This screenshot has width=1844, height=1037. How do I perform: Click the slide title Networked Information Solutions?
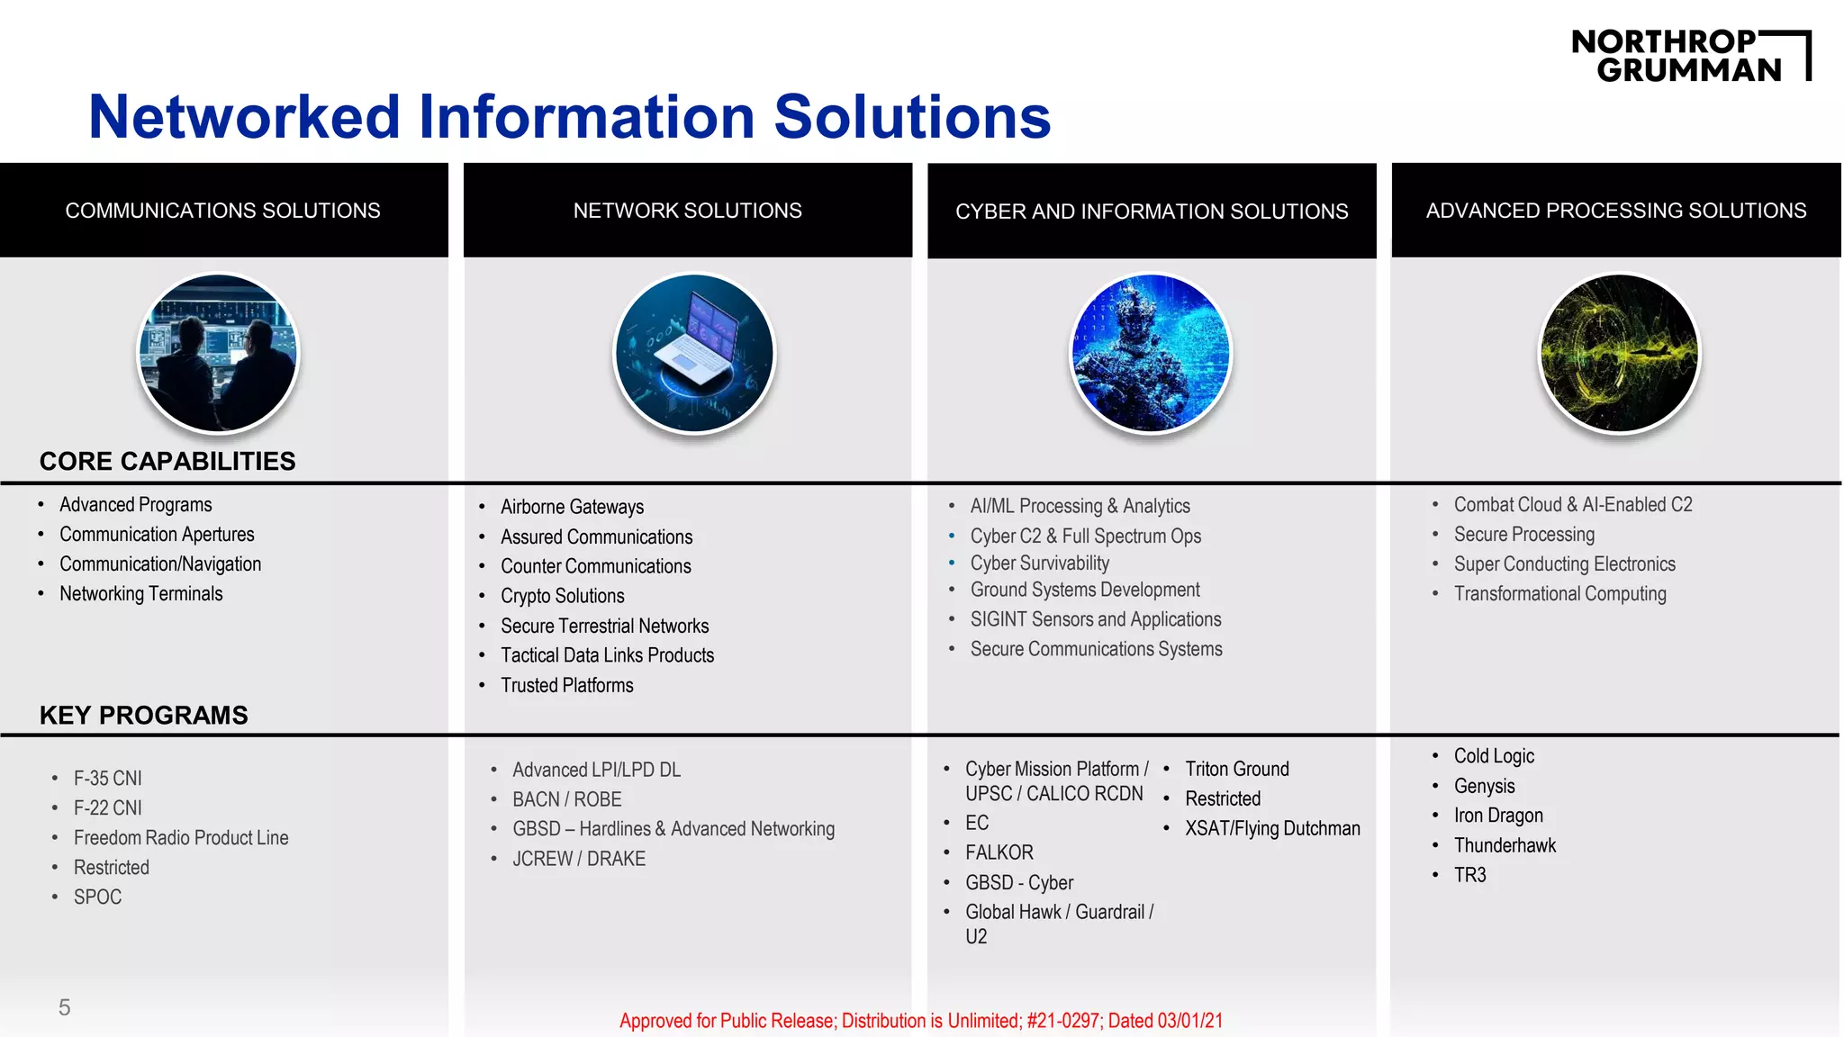569,117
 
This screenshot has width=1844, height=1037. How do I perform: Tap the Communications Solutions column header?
223,211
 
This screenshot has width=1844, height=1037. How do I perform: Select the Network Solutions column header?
687,211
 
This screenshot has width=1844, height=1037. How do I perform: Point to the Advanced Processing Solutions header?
1616,211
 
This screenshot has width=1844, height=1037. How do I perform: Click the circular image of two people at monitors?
218,353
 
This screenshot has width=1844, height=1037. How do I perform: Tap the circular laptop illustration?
694,353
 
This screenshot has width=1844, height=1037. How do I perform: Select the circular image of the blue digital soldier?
1151,353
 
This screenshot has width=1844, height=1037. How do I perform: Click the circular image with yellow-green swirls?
1619,353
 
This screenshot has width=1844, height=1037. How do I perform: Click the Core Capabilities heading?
167,461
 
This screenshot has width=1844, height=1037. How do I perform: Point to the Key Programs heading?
144,715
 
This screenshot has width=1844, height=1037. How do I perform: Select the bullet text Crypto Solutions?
562,596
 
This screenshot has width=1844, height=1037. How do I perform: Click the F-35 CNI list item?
108,778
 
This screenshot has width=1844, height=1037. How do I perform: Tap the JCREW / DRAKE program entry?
579,859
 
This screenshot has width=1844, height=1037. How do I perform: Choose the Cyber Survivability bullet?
1039,564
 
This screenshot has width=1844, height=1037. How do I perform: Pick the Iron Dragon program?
1498,816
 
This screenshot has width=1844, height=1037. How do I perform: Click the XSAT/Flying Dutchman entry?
1272,828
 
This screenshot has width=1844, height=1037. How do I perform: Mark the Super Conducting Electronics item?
1564,564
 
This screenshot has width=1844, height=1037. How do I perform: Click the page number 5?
64,1007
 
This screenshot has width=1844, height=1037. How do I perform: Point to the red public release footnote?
921,1021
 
